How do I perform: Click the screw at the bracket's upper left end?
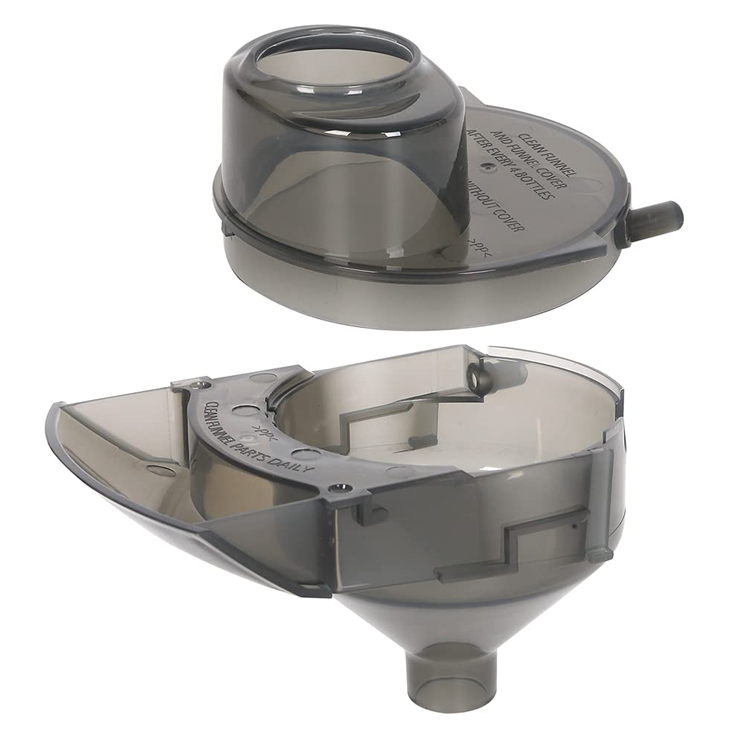click(196, 385)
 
